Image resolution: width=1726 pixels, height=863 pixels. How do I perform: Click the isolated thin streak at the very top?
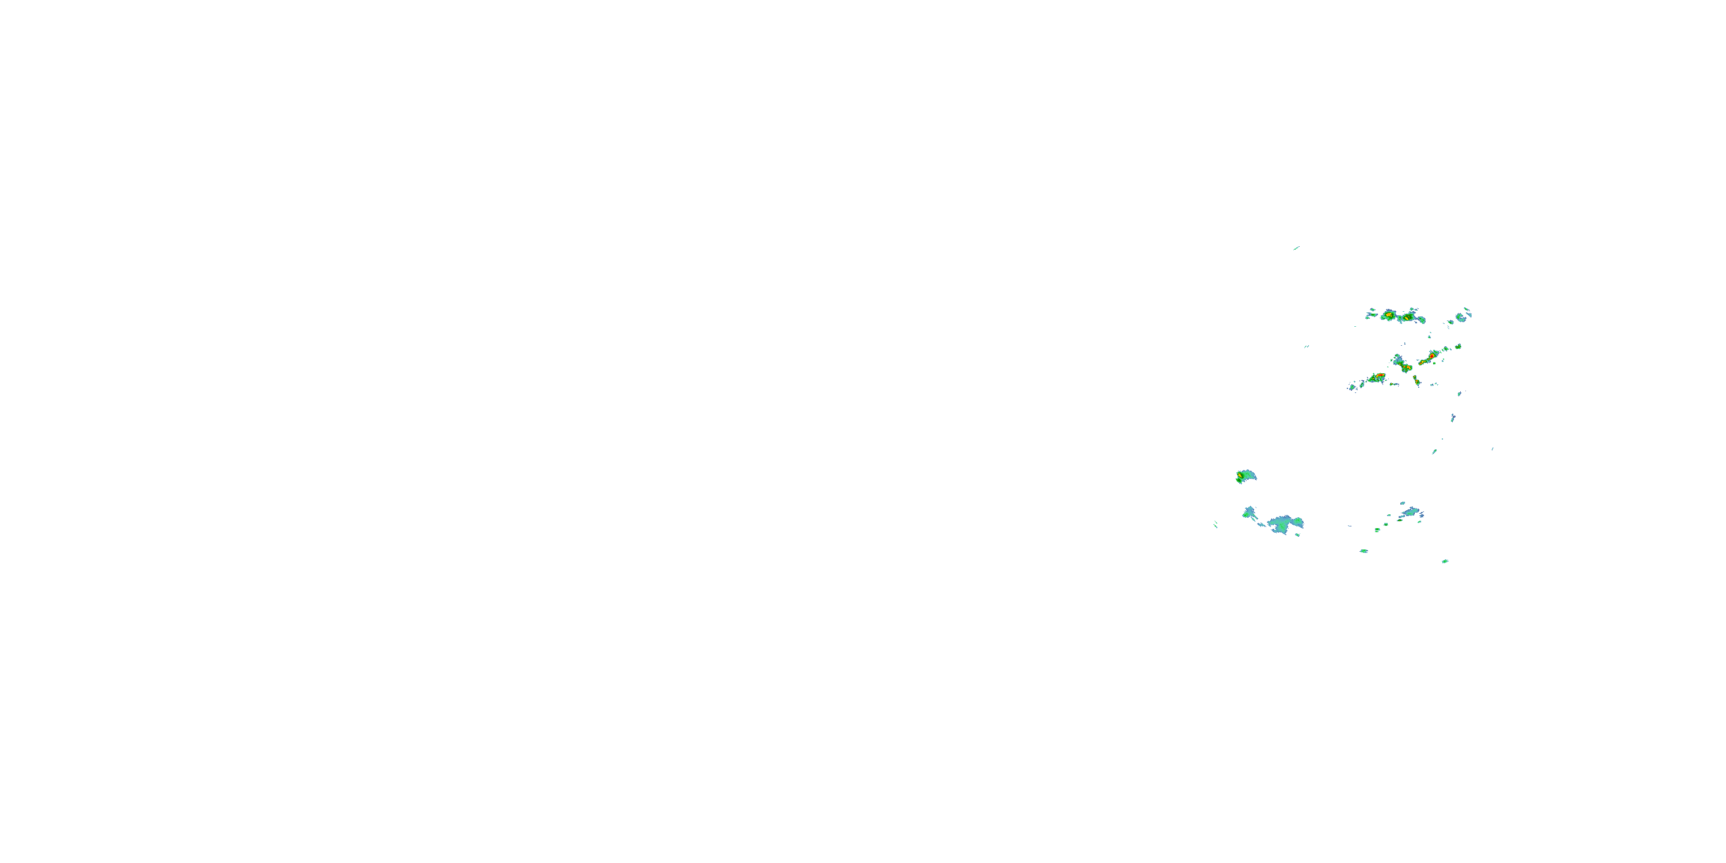(1296, 248)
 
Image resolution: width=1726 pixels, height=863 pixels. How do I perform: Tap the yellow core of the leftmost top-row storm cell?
(1388, 314)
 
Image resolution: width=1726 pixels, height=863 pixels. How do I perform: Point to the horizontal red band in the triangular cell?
(1376, 377)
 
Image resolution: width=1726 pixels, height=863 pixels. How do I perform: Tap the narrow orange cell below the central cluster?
(1416, 380)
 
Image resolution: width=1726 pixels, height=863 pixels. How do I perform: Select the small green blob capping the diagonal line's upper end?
(1458, 346)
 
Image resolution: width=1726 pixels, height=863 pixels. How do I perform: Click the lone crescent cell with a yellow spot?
(1244, 476)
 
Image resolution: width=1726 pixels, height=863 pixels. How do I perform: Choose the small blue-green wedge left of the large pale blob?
(1249, 513)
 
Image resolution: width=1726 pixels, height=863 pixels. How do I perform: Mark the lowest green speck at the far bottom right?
(1445, 561)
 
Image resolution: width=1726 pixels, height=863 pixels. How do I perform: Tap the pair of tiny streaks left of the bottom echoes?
(1216, 524)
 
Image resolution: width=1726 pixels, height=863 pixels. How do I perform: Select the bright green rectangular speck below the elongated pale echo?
(1377, 530)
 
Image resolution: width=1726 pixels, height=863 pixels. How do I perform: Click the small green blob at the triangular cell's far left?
(1352, 387)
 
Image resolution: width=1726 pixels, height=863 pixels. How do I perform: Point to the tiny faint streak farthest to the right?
(1492, 449)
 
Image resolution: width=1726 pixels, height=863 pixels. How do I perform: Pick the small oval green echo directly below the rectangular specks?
(1364, 551)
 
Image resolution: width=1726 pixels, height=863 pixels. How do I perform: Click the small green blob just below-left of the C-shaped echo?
(1450, 322)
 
